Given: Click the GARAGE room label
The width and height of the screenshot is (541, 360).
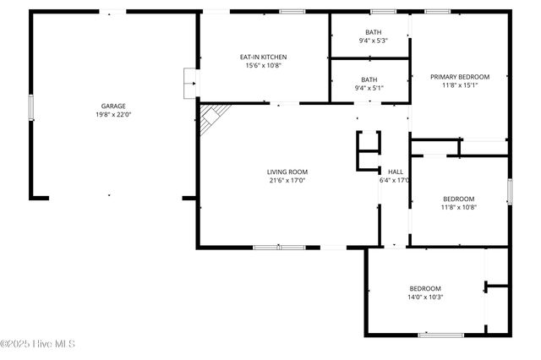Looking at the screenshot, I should pyautogui.click(x=113, y=106).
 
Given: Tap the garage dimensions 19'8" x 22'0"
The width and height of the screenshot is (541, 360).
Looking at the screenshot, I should pyautogui.click(x=113, y=115).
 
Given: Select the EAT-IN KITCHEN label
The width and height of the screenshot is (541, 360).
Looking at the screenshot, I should pyautogui.click(x=263, y=57).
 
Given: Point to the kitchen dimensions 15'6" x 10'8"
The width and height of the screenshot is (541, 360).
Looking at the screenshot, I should pyautogui.click(x=263, y=65).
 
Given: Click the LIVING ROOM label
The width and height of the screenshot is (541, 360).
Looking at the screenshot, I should pyautogui.click(x=287, y=171).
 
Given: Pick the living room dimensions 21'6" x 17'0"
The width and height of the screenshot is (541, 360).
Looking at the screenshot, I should pyautogui.click(x=287, y=179).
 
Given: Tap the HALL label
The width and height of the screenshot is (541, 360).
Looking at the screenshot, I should pyautogui.click(x=395, y=171).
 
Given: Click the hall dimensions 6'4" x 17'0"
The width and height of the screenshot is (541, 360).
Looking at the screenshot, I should pyautogui.click(x=395, y=179).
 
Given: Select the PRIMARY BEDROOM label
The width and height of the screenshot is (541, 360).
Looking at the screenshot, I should pyautogui.click(x=460, y=77).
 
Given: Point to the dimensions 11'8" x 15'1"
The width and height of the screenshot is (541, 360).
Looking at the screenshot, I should pyautogui.click(x=460, y=85).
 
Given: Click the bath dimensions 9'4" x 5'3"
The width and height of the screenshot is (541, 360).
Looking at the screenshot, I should pyautogui.click(x=373, y=41).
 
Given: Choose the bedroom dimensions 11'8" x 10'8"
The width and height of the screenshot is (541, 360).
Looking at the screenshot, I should pyautogui.click(x=460, y=207).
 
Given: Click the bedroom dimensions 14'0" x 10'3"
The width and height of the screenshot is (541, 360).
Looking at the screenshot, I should pyautogui.click(x=426, y=297).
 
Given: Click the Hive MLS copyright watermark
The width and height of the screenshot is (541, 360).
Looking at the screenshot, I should pyautogui.click(x=38, y=344).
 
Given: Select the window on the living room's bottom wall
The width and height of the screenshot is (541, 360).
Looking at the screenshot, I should pyautogui.click(x=279, y=248).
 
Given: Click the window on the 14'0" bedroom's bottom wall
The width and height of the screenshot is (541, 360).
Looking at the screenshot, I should pyautogui.click(x=440, y=335).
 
